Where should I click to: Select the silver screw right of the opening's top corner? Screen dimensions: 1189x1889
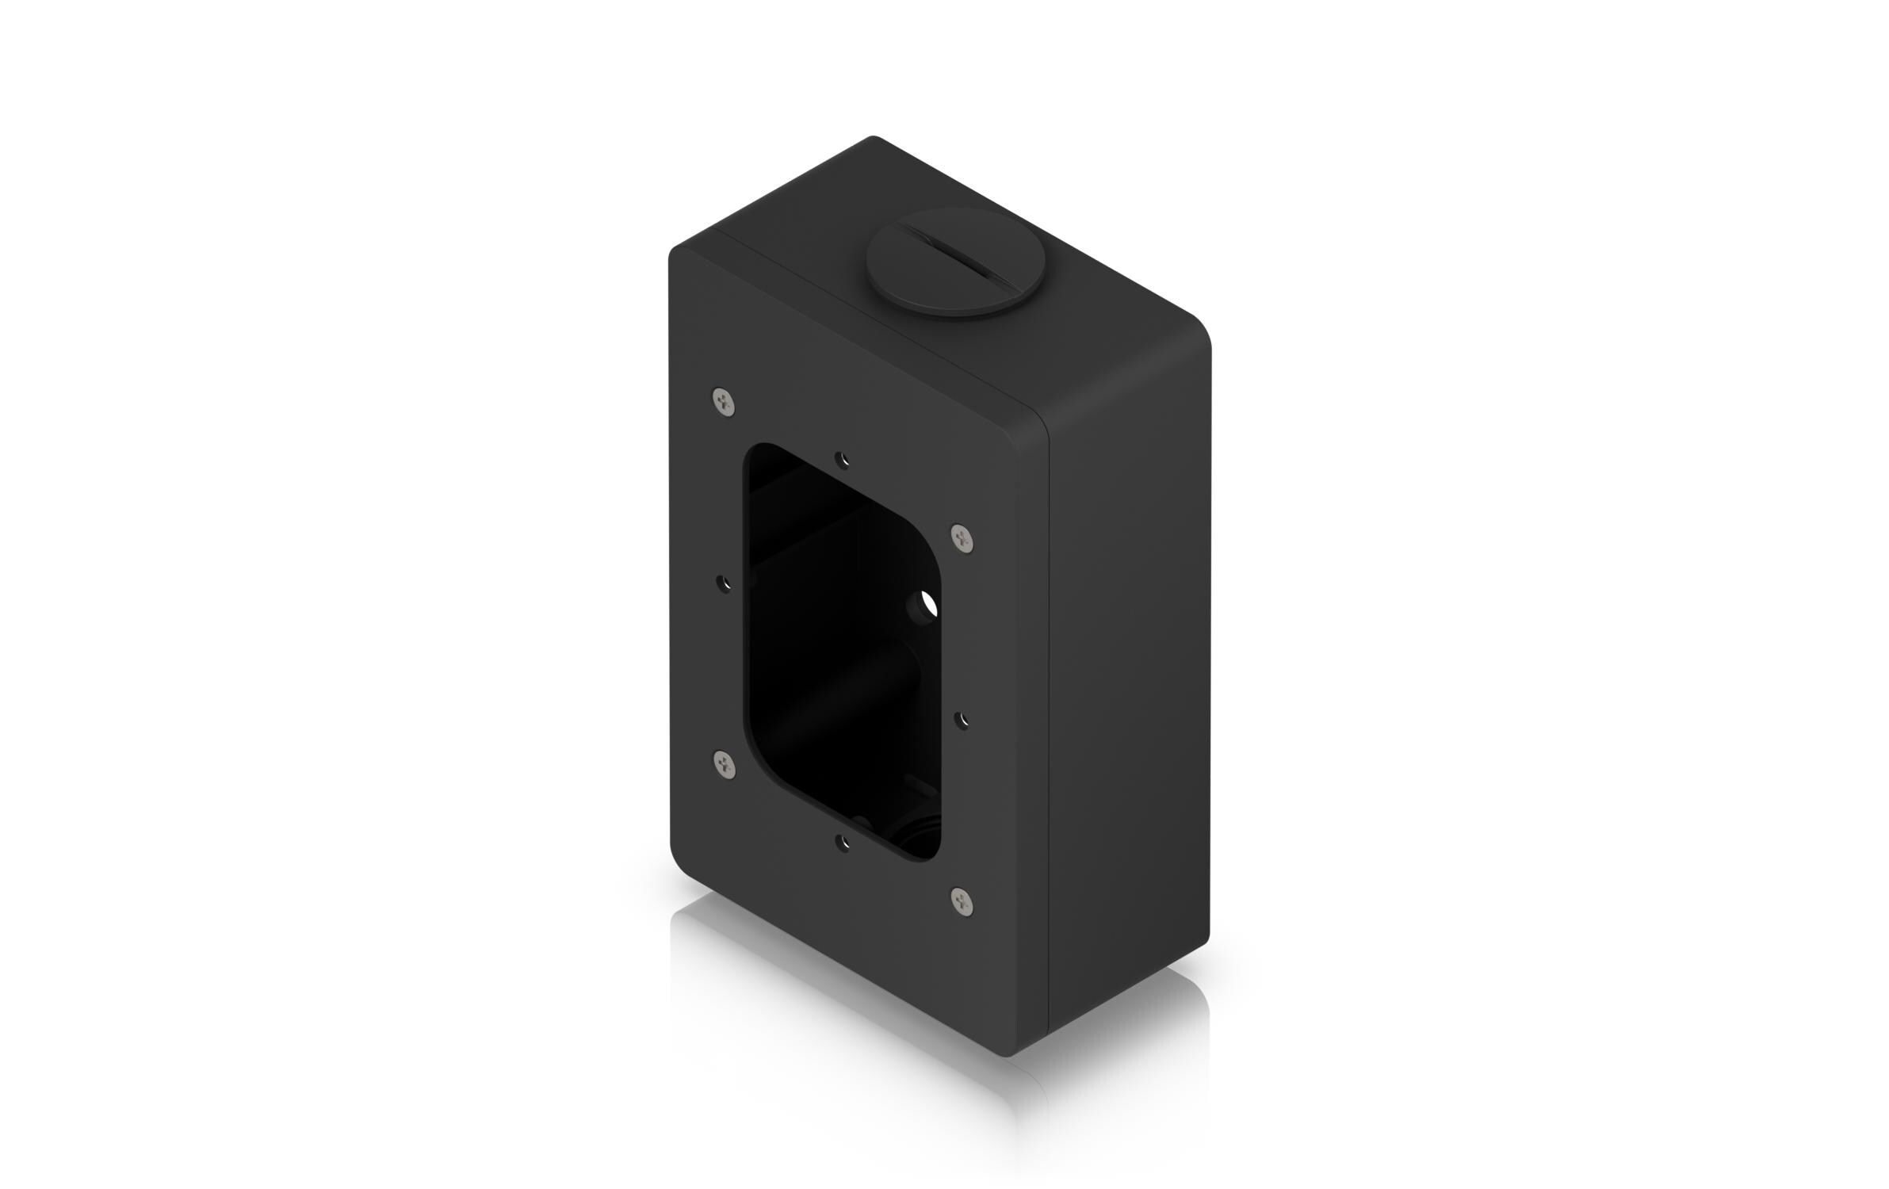click(962, 540)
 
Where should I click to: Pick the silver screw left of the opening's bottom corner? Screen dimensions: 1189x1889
click(722, 763)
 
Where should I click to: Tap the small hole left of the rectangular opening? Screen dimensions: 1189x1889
click(723, 583)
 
